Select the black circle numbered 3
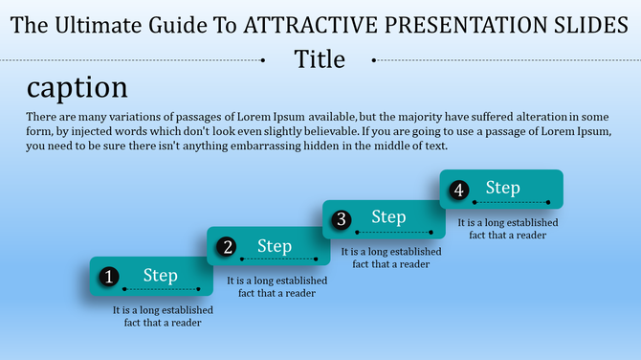coord(342,220)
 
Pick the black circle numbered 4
coord(459,191)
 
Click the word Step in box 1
coord(161,276)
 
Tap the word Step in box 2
coord(275,247)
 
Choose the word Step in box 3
coord(388,217)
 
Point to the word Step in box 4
coord(502,188)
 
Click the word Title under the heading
coord(320,59)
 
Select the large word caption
coord(77,89)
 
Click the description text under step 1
coord(162,317)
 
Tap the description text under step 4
coord(508,229)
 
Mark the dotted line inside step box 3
coord(388,233)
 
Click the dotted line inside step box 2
coord(276,259)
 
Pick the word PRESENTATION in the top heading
coord(450,26)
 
